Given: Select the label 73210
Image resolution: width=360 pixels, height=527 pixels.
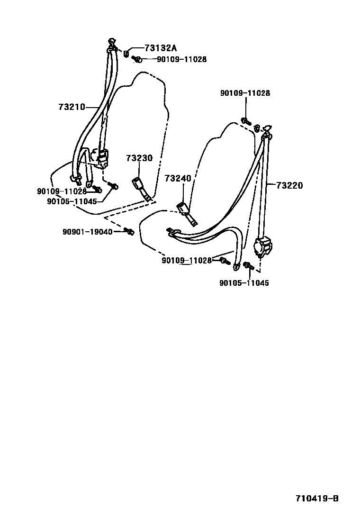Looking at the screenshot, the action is pyautogui.click(x=72, y=107).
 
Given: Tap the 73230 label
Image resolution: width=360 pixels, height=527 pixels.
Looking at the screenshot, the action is pyautogui.click(x=139, y=158).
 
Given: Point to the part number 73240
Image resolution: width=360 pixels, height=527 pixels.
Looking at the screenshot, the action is pyautogui.click(x=178, y=178).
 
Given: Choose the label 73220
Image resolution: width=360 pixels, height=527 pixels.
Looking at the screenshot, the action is pyautogui.click(x=289, y=185).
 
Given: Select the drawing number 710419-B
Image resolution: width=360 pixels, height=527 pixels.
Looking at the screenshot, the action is pyautogui.click(x=317, y=499).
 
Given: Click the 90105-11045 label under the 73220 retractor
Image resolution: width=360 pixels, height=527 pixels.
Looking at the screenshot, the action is pyautogui.click(x=244, y=283).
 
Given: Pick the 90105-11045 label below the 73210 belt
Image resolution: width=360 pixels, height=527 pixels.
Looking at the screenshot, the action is pyautogui.click(x=72, y=201).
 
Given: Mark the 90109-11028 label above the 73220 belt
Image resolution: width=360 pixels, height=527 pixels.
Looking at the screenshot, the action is pyautogui.click(x=245, y=93).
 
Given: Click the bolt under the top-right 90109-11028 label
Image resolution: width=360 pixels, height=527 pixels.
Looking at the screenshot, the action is pyautogui.click(x=246, y=120).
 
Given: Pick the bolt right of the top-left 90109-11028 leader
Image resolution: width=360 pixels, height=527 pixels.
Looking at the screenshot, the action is pyautogui.click(x=137, y=60).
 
